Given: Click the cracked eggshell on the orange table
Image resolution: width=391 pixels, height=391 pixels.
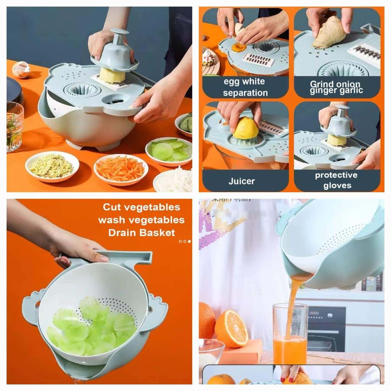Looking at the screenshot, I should [x=21, y=69].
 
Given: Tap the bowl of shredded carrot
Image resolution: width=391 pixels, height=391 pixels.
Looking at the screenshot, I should [x=121, y=169].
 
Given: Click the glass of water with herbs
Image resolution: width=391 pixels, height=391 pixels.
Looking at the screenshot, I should [x=15, y=126].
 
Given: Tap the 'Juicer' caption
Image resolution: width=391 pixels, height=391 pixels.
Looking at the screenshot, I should [x=241, y=181].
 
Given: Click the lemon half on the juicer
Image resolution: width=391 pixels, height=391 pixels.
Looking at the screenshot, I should [x=246, y=128].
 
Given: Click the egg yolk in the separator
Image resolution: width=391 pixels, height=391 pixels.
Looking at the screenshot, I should [x=239, y=47].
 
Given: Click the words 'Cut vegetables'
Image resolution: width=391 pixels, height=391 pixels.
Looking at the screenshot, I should [x=141, y=207].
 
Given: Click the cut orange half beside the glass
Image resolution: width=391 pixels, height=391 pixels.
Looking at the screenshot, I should [x=231, y=328].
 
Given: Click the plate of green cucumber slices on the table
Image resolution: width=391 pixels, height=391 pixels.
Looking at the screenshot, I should [x=168, y=151].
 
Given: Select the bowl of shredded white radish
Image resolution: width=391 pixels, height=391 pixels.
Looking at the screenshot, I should [x=174, y=181].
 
